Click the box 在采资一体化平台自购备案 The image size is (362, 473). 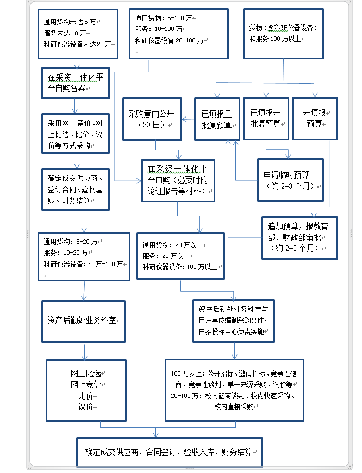click(76, 83)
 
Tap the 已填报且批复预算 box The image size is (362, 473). click(216, 119)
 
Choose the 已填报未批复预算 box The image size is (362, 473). click(265, 118)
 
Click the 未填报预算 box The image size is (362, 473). click(315, 118)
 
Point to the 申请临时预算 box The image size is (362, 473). click(290, 180)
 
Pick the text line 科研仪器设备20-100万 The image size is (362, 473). click(171, 40)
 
